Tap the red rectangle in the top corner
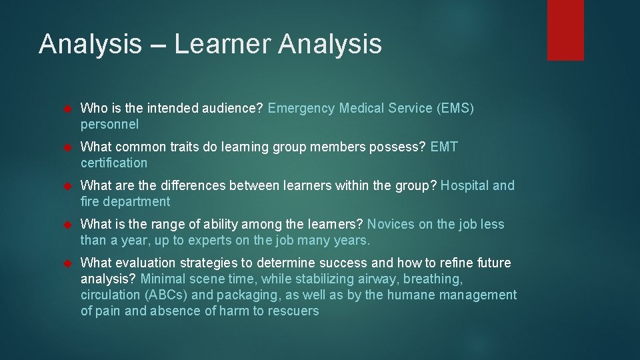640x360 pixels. click(x=565, y=30)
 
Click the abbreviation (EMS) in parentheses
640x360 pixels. click(x=455, y=108)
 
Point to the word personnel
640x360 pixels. click(x=109, y=125)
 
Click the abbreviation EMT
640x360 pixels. click(x=445, y=147)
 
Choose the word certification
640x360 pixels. click(x=114, y=163)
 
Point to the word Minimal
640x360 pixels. click(x=163, y=279)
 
